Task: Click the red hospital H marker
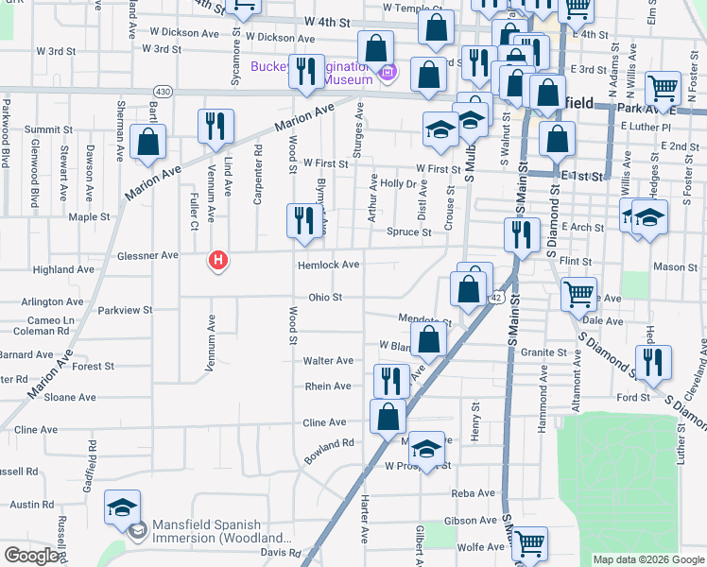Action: click(218, 259)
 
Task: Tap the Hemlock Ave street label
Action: click(328, 266)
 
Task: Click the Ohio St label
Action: click(324, 297)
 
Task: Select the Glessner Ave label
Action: click(147, 255)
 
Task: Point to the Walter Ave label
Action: click(327, 361)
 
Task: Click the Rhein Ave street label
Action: click(327, 387)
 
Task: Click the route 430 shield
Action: click(163, 92)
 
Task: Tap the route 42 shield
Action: click(495, 298)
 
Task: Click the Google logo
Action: click(31, 556)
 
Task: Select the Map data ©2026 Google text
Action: click(648, 559)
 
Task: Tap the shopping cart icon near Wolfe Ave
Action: click(530, 542)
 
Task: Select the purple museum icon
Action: click(386, 72)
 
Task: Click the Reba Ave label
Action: click(474, 493)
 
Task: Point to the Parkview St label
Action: click(125, 310)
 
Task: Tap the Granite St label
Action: click(543, 352)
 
